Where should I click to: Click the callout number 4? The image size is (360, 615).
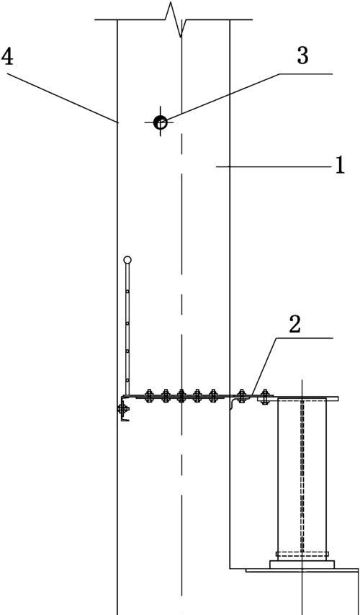click(x=7, y=57)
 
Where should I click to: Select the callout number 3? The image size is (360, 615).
click(x=302, y=55)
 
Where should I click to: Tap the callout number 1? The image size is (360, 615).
click(x=340, y=165)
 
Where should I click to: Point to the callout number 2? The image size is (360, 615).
click(x=294, y=325)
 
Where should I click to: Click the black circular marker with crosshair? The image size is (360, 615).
click(x=160, y=122)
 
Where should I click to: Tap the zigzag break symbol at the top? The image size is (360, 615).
click(x=175, y=19)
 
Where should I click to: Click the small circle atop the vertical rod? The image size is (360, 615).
click(x=127, y=260)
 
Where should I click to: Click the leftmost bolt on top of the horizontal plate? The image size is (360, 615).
click(x=148, y=396)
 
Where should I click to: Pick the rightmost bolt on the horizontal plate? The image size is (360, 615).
click(x=265, y=396)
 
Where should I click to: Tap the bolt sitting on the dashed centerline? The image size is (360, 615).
click(x=181, y=396)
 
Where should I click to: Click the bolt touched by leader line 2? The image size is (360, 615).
click(x=242, y=396)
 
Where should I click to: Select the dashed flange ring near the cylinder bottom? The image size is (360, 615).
click(x=302, y=555)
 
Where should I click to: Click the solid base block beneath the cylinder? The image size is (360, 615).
click(x=302, y=565)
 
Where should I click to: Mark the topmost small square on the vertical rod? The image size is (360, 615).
click(x=127, y=292)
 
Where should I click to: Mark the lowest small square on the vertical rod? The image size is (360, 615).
click(x=127, y=380)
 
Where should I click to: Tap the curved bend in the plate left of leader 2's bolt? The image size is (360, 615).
click(x=233, y=403)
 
